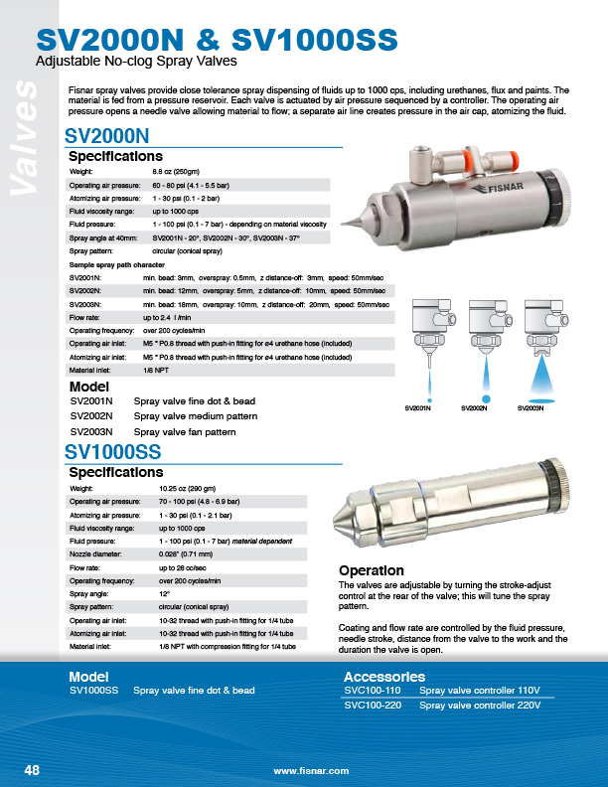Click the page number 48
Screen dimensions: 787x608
tap(31, 770)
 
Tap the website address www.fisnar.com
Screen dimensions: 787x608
tap(311, 771)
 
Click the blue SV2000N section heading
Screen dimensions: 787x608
tap(106, 135)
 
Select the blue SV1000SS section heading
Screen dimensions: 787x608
tap(114, 451)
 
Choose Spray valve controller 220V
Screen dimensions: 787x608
tap(480, 705)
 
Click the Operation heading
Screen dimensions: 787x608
tap(372, 570)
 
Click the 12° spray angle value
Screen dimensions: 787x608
tap(164, 592)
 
